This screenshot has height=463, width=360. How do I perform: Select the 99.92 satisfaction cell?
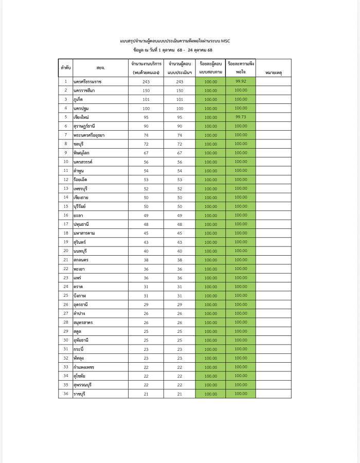[241, 81]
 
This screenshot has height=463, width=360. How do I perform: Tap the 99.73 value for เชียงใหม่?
[241, 117]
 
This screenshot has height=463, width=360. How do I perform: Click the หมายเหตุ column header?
[273, 73]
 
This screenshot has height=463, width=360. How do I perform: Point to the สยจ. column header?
[100, 68]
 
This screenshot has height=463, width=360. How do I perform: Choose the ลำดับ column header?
[66, 68]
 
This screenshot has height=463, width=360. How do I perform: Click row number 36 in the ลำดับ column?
[66, 394]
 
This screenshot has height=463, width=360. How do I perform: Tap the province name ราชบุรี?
[79, 394]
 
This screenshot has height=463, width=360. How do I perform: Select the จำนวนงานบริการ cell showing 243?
[146, 82]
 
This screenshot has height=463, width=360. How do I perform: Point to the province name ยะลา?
[78, 215]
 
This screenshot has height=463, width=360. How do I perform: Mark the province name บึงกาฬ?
[79, 296]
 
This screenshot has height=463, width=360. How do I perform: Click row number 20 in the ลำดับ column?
[66, 251]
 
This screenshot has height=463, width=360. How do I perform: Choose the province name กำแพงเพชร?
[83, 367]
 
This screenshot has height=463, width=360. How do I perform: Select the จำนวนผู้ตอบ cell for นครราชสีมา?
[179, 91]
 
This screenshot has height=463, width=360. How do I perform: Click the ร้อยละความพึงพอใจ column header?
[241, 68]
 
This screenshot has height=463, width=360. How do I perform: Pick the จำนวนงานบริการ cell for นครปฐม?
[146, 109]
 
